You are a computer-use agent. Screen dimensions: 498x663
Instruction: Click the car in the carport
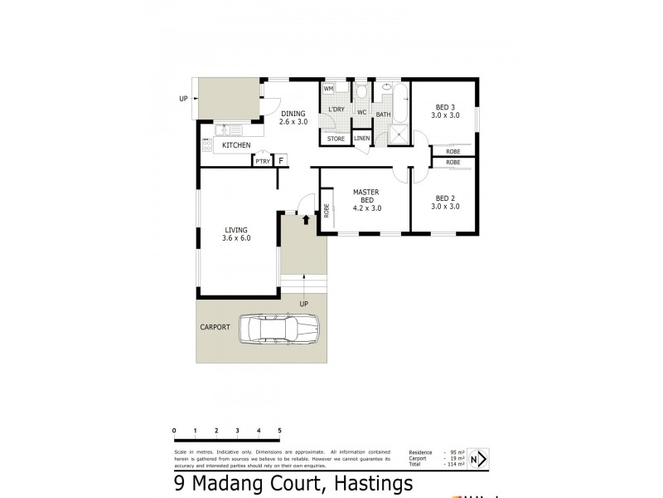[278, 330]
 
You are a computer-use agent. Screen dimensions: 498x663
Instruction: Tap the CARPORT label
[215, 327]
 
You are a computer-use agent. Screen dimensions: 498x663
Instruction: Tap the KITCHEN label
[236, 145]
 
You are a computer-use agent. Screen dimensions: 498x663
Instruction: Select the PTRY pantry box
[263, 161]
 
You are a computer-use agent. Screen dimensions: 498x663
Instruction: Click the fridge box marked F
[281, 160]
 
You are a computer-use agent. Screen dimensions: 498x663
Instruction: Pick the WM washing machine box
[328, 88]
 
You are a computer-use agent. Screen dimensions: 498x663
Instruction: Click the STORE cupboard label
[336, 139]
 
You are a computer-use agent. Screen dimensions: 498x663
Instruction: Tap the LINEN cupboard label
[361, 138]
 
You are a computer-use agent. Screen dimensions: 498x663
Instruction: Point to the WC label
[362, 112]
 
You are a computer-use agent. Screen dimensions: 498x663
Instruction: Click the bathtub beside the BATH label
[401, 103]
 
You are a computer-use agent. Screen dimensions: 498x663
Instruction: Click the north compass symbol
[477, 457]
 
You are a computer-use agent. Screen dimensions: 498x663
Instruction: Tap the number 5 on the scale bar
[279, 431]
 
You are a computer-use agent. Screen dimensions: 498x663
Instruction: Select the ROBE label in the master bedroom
[327, 210]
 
